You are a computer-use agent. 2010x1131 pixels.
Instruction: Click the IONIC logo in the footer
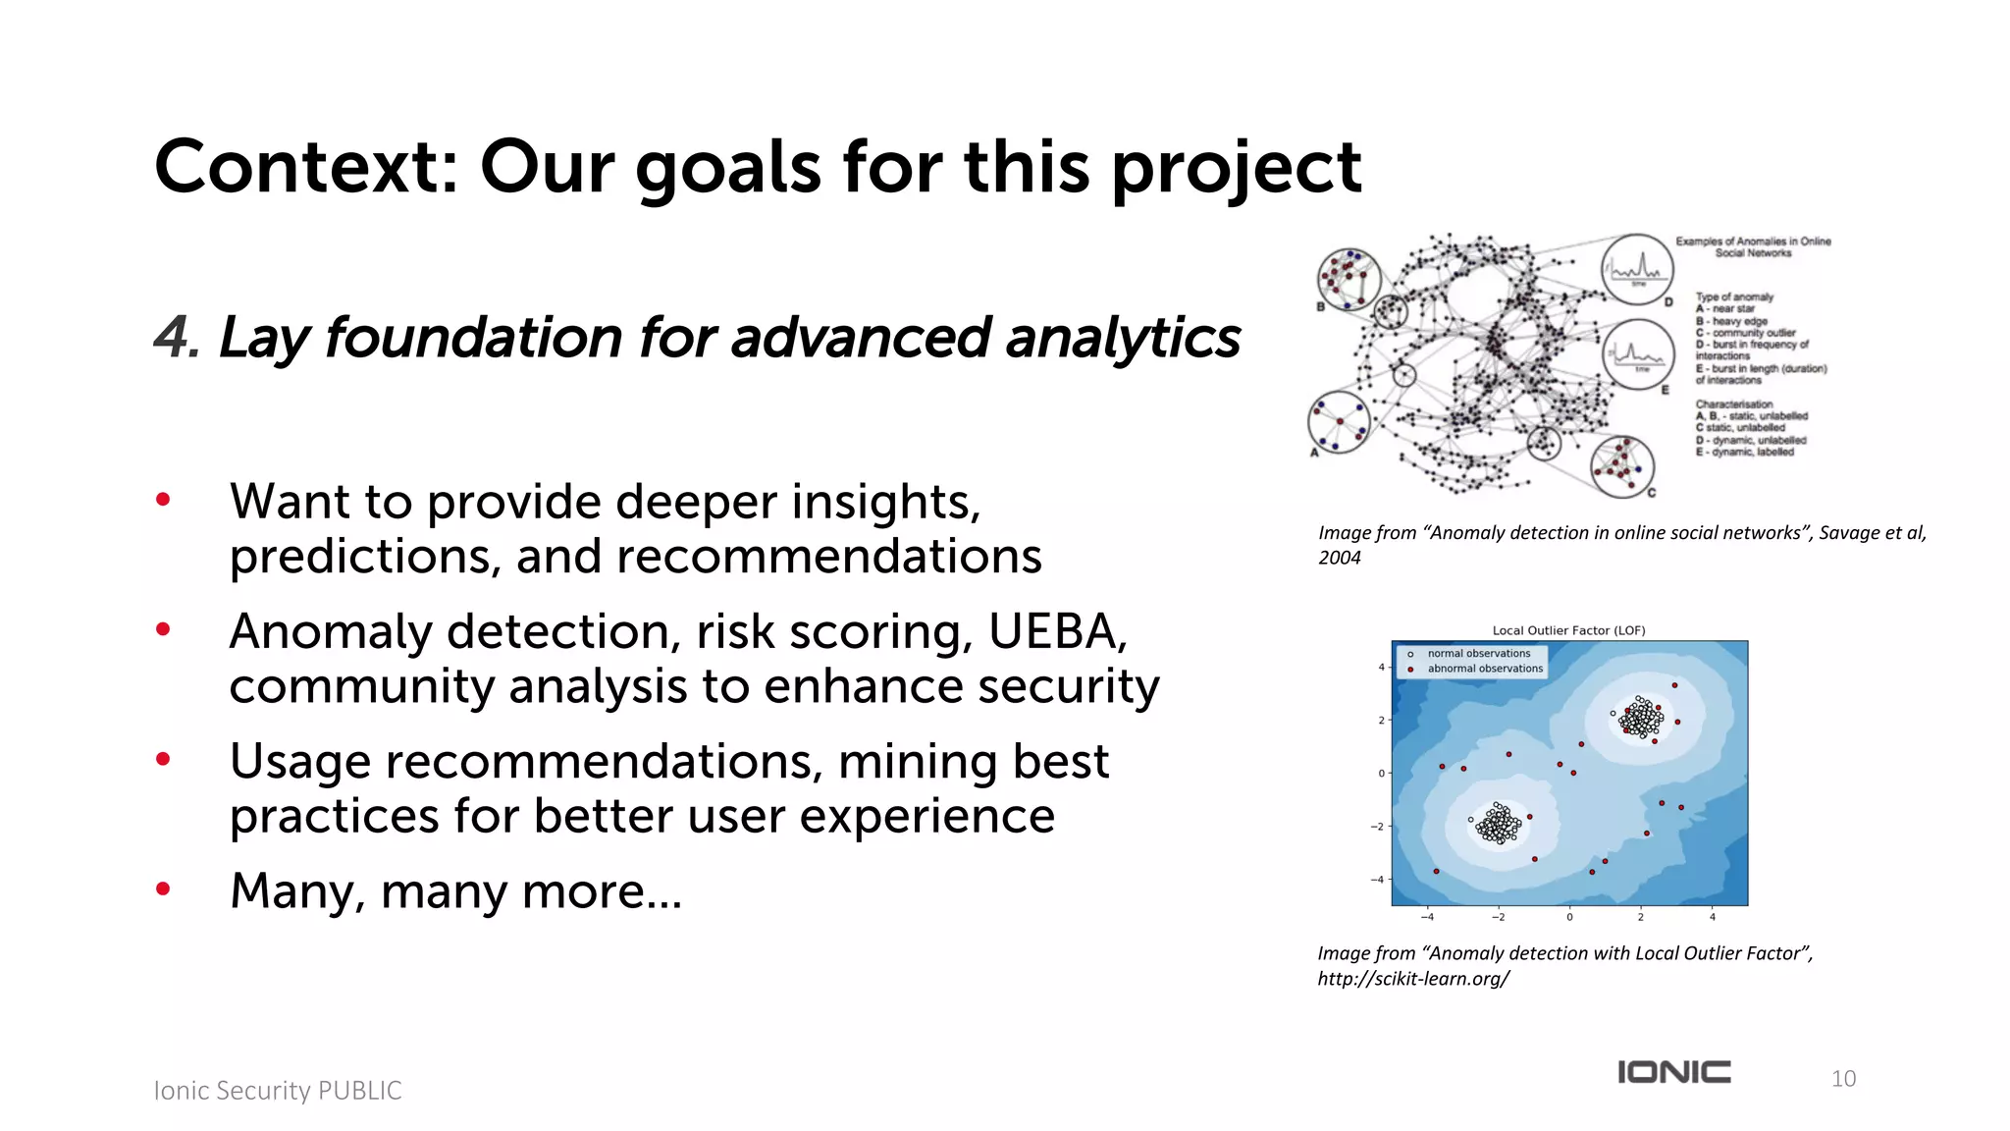[1673, 1071]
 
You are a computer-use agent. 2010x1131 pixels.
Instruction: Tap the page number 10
[1843, 1078]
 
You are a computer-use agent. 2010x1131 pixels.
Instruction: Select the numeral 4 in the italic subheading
[173, 338]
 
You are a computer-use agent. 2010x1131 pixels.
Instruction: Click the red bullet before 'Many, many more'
[163, 889]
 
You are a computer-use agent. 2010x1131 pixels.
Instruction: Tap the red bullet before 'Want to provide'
[163, 500]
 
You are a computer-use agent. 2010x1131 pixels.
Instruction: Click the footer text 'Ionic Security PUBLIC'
[278, 1090]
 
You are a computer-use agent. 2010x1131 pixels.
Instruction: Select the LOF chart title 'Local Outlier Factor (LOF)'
[1568, 630]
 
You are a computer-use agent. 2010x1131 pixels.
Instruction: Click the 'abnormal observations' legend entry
[1484, 669]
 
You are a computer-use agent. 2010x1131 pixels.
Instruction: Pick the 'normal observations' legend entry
[1478, 653]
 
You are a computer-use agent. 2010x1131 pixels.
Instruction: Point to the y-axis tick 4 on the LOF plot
[1381, 668]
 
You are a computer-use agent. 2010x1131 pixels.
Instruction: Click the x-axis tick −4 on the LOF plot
[1427, 917]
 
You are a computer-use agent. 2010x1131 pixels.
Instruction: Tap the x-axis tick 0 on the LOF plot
[1569, 917]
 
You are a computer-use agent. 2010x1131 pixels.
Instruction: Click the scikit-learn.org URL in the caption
[1412, 979]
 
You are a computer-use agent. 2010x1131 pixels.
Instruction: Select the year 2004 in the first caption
[1339, 558]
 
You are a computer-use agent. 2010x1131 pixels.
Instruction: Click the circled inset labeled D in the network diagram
[1637, 268]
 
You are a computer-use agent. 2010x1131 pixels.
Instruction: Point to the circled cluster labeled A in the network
[1339, 421]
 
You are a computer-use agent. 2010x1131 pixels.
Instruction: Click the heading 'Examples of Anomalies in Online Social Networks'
[1753, 246]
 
